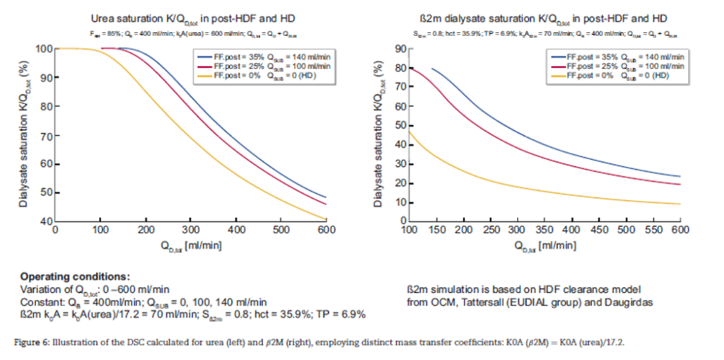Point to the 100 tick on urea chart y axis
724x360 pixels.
[x=44, y=48]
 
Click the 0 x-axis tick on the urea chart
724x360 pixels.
[x=55, y=230]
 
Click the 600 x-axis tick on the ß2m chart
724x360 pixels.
[x=679, y=230]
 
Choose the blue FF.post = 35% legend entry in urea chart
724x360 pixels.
[x=261, y=57]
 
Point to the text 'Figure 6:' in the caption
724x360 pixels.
[x=32, y=342]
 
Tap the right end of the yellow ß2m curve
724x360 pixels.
[x=679, y=204]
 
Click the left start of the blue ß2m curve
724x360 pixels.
[x=431, y=69]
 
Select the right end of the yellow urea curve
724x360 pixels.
[x=325, y=219]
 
